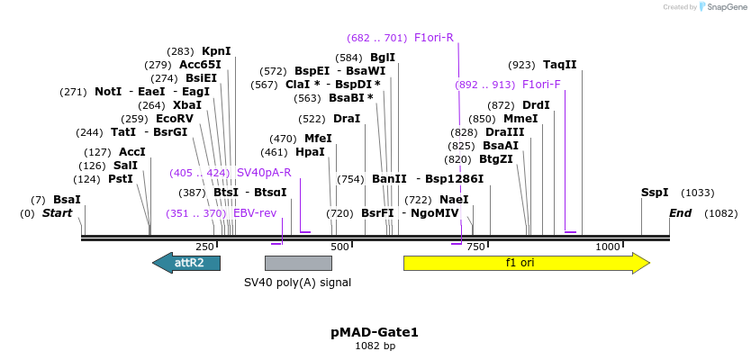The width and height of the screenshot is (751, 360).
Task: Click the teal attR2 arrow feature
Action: [186, 263]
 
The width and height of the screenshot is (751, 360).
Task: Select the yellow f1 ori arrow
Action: [526, 263]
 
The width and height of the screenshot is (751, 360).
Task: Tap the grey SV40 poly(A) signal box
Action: [298, 263]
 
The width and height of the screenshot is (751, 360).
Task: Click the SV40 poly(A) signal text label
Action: [298, 282]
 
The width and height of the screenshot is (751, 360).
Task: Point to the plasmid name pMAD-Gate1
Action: [375, 332]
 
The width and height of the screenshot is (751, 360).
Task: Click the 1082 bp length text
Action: [375, 346]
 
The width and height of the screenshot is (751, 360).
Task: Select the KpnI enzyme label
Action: [216, 51]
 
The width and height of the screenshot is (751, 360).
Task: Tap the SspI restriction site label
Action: [655, 193]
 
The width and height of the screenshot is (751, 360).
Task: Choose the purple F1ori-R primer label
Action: [433, 38]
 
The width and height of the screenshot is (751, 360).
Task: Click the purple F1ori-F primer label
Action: [541, 85]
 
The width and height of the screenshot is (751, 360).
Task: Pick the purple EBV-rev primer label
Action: [255, 213]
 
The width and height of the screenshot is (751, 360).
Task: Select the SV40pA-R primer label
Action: [264, 173]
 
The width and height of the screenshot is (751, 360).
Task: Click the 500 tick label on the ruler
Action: [339, 247]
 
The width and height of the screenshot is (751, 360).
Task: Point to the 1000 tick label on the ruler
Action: [608, 247]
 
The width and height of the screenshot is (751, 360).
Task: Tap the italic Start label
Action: [57, 213]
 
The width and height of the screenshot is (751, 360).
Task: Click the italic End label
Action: [681, 213]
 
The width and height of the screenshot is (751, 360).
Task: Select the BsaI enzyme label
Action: [67, 200]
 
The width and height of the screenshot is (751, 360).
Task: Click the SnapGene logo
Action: [725, 7]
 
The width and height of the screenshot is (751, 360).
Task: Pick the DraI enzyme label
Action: [347, 119]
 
